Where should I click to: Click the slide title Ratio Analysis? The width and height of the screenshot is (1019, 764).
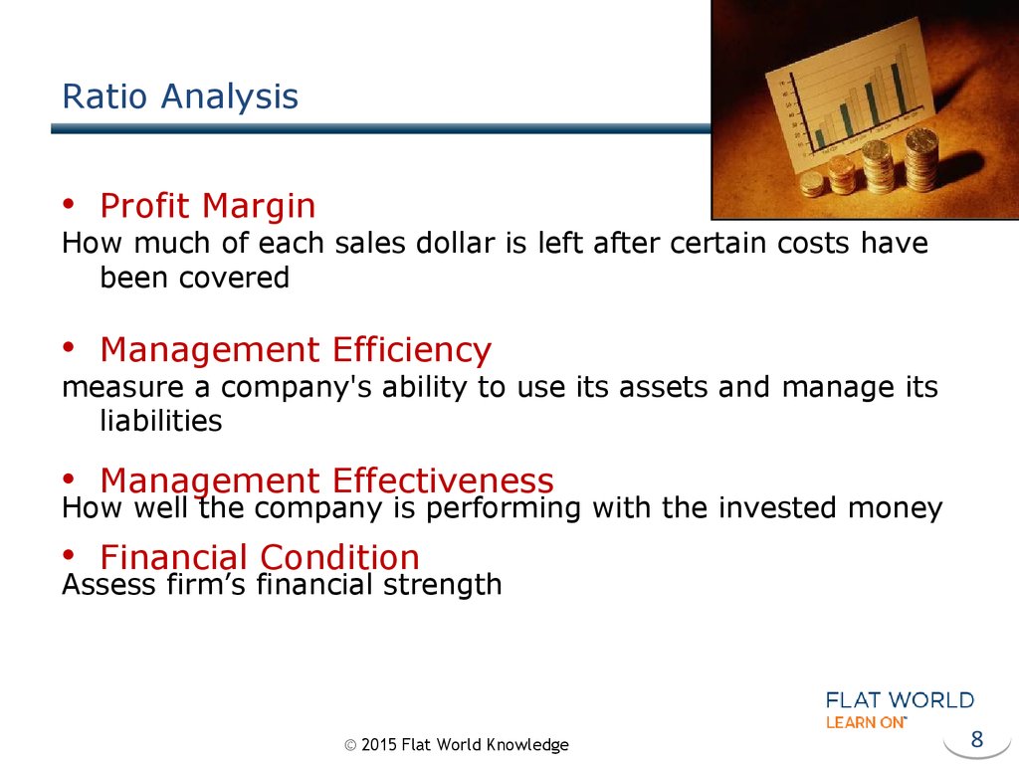(180, 97)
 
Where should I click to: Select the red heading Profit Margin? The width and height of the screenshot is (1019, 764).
(208, 207)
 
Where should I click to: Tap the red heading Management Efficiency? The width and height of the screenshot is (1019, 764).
(296, 351)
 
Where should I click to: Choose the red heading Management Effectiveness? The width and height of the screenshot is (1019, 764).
(326, 480)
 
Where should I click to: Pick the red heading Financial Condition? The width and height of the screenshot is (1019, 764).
(260, 557)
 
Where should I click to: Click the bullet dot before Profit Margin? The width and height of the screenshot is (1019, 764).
(69, 204)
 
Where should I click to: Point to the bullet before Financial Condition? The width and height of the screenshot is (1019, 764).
(69, 555)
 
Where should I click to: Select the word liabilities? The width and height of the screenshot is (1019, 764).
(160, 421)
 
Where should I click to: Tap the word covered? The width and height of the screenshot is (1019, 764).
(234, 279)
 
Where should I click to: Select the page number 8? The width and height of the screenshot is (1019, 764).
(977, 739)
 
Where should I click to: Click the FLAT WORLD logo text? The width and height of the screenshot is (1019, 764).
(900, 700)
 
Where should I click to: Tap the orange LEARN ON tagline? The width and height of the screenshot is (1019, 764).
(866, 722)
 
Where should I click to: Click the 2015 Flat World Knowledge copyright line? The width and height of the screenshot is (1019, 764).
(456, 744)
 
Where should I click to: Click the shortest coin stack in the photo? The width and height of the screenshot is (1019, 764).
(812, 184)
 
